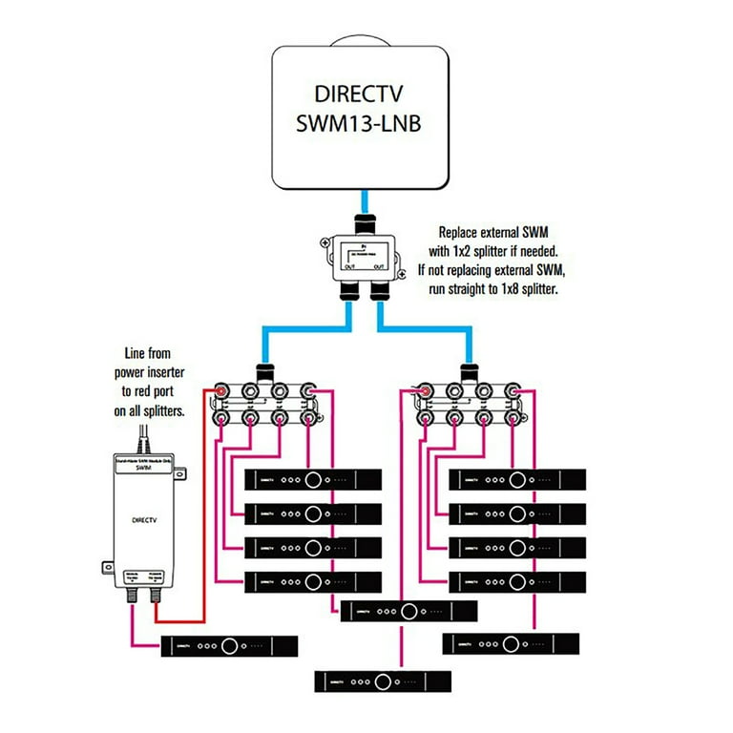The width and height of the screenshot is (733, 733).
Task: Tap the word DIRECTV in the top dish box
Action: pos(367,94)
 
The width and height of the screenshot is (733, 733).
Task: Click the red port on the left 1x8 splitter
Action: pos(221,391)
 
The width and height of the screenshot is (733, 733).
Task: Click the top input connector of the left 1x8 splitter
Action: pos(263,370)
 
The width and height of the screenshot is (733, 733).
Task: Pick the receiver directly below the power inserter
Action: pos(229,646)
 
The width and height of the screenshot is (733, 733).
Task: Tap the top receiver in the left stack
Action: pos(313,479)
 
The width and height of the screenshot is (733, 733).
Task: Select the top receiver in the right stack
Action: pos(517,479)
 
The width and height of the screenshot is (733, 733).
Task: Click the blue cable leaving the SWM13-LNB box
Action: pos(366,202)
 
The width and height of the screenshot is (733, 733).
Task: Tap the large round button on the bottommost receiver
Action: pos(385,681)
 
